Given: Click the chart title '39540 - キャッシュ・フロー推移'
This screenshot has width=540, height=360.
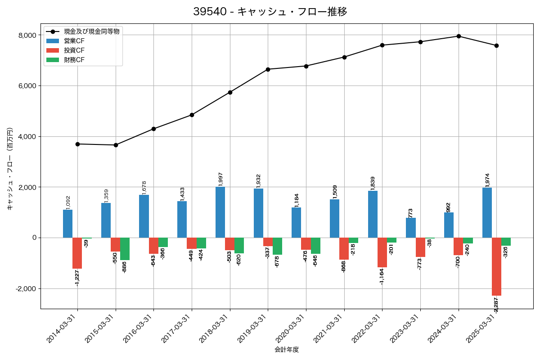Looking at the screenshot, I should (x=270, y=12).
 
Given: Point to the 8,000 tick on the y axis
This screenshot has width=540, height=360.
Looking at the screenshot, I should (x=27, y=35).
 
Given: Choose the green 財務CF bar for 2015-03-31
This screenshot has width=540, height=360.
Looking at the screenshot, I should (x=125, y=249).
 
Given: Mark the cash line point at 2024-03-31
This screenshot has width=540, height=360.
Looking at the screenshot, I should (x=459, y=36).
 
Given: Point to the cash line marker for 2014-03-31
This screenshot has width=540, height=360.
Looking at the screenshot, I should (x=77, y=144).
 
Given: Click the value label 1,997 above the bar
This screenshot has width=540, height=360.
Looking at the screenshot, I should (x=220, y=179).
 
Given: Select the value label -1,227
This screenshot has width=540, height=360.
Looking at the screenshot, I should (x=77, y=277).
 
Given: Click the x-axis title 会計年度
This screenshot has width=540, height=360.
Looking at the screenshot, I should (x=287, y=350).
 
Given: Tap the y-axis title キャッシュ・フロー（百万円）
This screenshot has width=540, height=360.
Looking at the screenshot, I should (x=10, y=169).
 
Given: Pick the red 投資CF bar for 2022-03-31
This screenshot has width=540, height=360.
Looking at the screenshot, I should (x=382, y=252).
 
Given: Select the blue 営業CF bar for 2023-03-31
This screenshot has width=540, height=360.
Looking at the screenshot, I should (x=410, y=228).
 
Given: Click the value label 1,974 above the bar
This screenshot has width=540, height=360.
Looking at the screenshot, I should (x=487, y=180).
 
